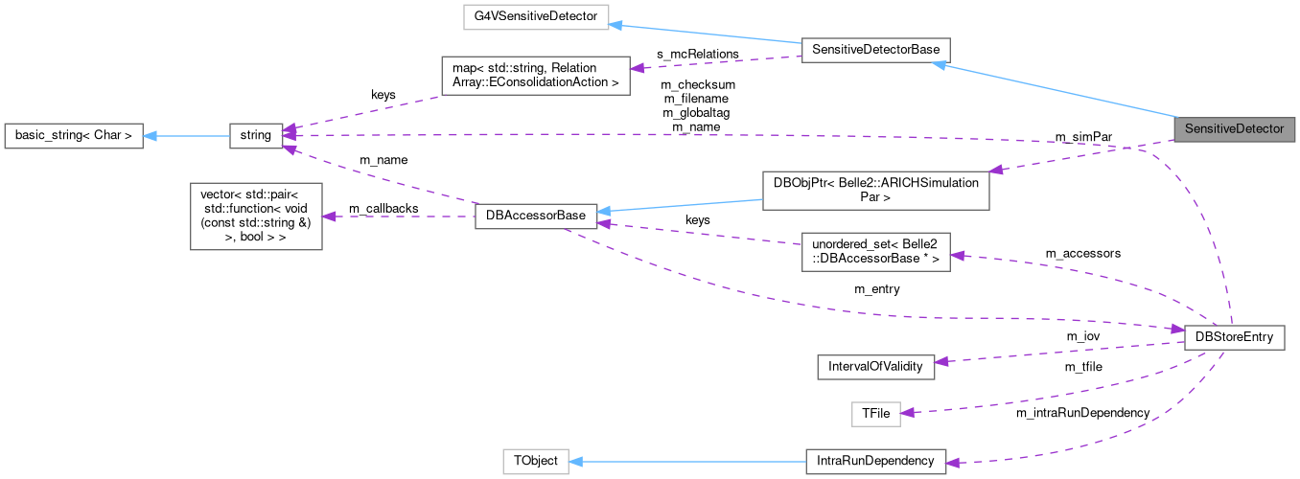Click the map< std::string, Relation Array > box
click(535, 76)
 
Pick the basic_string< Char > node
click(73, 136)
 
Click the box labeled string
click(255, 136)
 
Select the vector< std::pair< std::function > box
click(255, 216)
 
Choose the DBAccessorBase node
click(537, 217)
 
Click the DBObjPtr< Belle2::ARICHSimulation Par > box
click(875, 190)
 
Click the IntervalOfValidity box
click(875, 366)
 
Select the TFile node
click(875, 414)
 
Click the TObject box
click(535, 461)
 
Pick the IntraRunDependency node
click(875, 461)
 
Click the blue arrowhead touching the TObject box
click(576, 461)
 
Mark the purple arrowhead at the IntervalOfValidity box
click(941, 361)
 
